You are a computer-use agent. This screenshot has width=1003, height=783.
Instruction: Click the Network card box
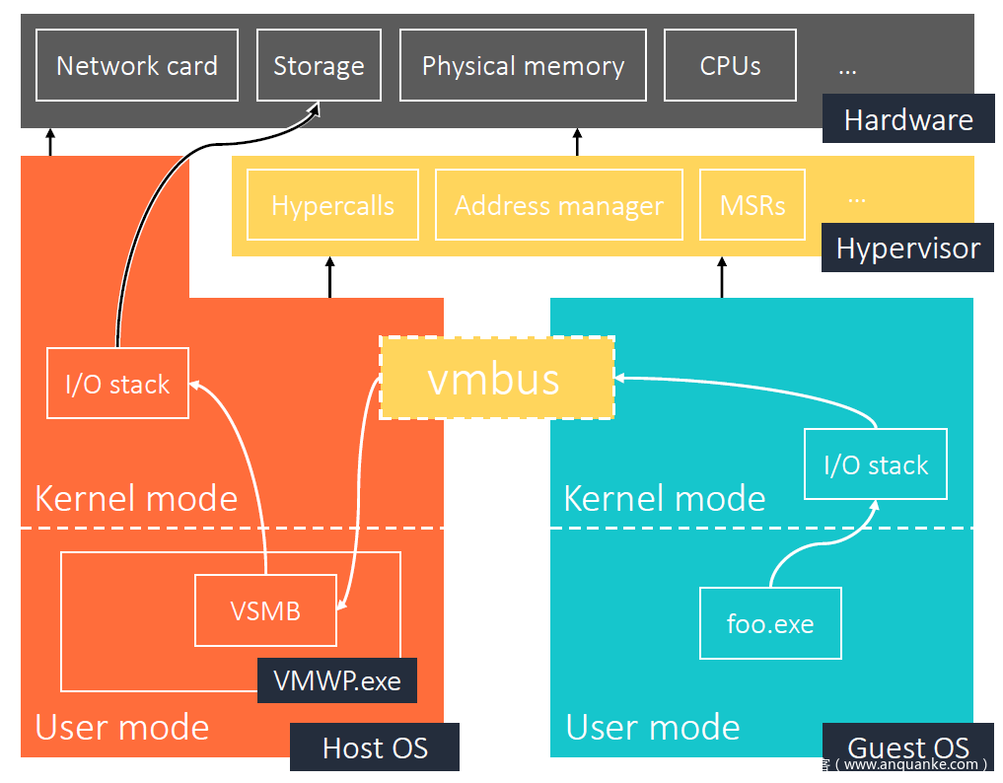[136, 65]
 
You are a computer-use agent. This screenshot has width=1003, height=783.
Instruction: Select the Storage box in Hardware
[319, 65]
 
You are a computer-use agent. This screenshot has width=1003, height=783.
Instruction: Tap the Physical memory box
[523, 65]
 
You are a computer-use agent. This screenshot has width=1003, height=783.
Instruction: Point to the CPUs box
[730, 65]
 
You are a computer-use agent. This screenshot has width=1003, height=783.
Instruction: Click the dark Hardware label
[908, 120]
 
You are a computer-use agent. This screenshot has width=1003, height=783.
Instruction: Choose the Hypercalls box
[332, 205]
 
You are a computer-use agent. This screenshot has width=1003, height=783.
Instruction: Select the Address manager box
[558, 205]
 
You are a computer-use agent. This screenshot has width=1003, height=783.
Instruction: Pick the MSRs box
[752, 205]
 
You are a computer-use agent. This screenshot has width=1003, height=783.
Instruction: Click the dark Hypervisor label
[907, 249]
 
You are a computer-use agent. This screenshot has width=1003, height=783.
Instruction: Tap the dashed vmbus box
[496, 378]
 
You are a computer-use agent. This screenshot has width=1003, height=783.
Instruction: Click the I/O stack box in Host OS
[117, 384]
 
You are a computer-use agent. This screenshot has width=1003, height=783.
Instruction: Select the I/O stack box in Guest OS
[876, 464]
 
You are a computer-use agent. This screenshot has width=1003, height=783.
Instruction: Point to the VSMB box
[265, 610]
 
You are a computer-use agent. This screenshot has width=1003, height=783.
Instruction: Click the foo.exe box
[770, 623]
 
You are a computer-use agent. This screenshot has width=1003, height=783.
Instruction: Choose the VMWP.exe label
[337, 680]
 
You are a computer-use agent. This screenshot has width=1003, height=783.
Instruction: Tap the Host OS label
[375, 747]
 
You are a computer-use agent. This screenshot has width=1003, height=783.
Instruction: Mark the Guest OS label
[907, 747]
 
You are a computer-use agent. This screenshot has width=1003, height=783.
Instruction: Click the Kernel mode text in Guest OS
[664, 499]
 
